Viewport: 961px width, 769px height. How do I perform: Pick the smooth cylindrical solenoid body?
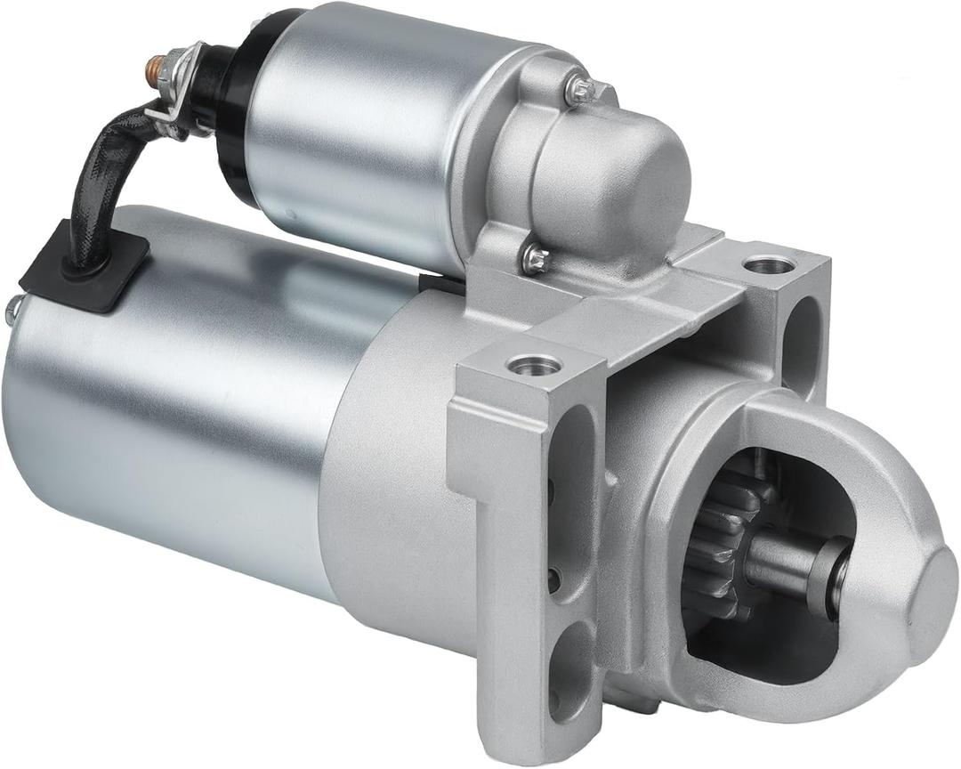(356, 134)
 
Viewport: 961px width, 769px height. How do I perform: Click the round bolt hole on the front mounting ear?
(534, 364)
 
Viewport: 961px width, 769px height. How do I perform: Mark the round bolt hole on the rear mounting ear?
(768, 264)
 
